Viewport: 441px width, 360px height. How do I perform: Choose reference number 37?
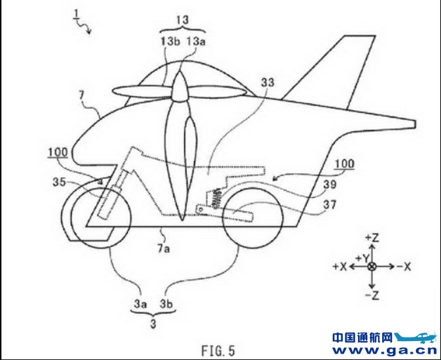pos(330,206)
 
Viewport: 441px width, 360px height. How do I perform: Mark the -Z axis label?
pos(373,295)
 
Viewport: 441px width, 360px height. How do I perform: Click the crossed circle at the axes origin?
pos(373,267)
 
